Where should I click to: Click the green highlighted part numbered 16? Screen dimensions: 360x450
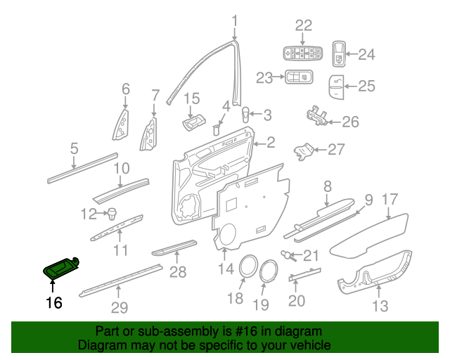(62, 267)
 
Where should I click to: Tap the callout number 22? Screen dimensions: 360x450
(303, 26)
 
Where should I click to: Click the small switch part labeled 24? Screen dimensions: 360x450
(338, 53)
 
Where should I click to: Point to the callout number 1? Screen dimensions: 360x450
(235, 20)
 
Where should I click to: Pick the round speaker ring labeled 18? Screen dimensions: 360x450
(246, 268)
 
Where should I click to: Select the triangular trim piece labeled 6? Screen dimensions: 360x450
(122, 124)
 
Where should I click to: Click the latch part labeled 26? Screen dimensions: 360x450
(316, 117)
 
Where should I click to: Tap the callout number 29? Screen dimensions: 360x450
(119, 307)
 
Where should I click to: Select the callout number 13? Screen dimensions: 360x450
(380, 305)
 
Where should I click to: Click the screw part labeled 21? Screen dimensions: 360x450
(288, 254)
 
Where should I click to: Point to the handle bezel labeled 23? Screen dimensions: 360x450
(298, 77)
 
